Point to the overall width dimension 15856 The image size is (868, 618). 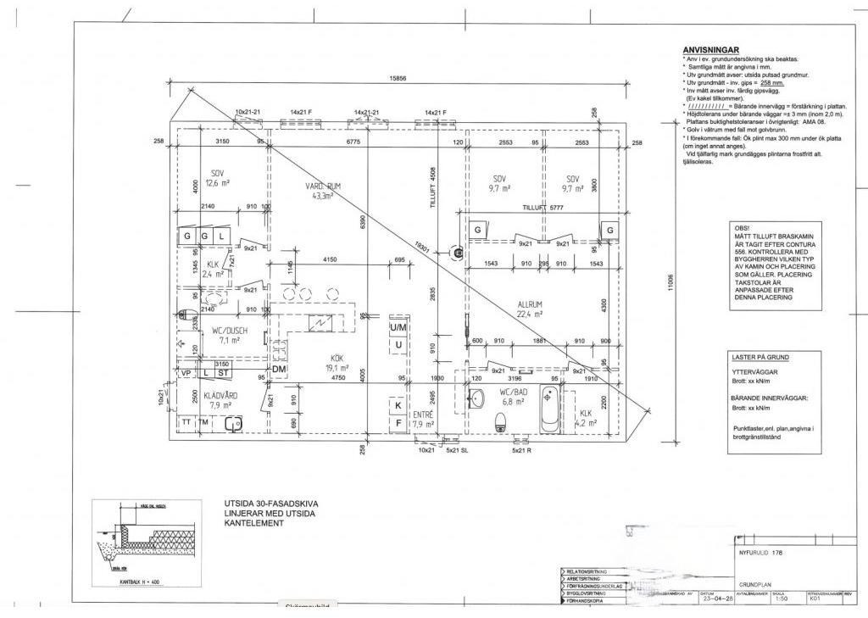tap(398, 78)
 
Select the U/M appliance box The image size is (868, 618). tap(398, 327)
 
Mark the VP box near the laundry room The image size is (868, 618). tap(185, 372)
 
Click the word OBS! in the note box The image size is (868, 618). tap(743, 229)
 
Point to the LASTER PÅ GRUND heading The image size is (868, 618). tap(759, 358)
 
